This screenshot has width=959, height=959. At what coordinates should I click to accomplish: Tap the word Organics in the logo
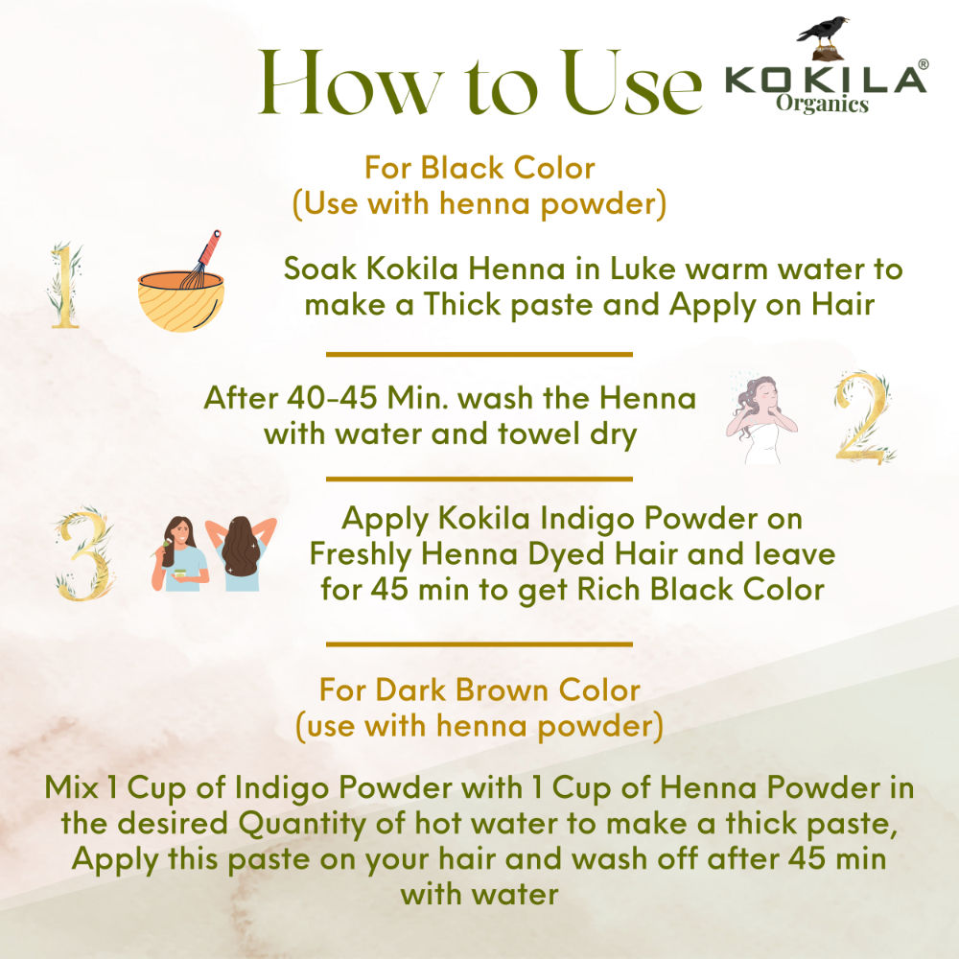click(x=822, y=104)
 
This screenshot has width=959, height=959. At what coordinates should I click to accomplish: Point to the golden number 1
click(x=65, y=285)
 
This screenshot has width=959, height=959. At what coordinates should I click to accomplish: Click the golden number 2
click(x=864, y=416)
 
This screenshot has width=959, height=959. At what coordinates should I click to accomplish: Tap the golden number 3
click(x=85, y=554)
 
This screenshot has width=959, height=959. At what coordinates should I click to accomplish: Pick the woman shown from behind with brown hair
click(x=241, y=554)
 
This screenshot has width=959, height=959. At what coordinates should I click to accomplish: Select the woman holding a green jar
click(x=179, y=554)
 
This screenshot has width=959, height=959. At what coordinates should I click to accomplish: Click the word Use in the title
click(x=631, y=83)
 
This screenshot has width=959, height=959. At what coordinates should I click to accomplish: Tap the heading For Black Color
click(x=479, y=168)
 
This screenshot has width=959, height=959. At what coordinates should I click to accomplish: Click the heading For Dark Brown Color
click(x=479, y=690)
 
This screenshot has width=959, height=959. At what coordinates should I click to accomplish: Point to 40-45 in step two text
click(x=332, y=398)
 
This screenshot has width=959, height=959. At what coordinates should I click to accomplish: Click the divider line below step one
click(x=479, y=354)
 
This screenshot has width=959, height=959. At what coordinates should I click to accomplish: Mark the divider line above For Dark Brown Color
click(x=479, y=644)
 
